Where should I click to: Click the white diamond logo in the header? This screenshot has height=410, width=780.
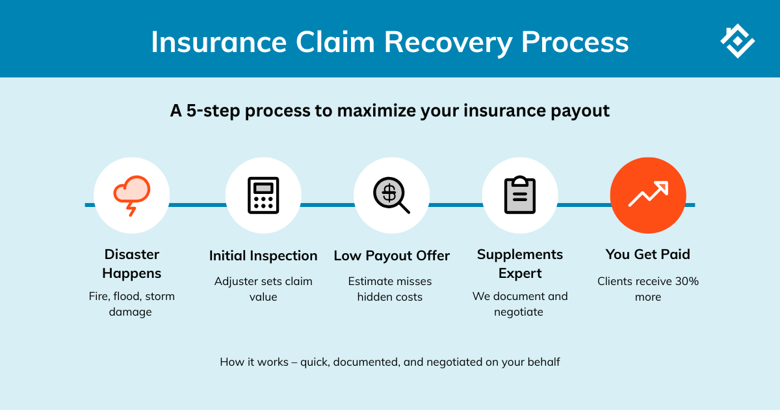(737, 41)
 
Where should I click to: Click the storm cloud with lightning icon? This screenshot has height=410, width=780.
(132, 195)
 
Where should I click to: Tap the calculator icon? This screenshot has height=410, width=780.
(263, 195)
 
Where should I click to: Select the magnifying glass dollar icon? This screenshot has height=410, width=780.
(391, 195)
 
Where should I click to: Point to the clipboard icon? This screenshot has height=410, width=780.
(520, 195)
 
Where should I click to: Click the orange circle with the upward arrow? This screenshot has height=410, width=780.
(648, 195)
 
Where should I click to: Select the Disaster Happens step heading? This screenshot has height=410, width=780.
(132, 264)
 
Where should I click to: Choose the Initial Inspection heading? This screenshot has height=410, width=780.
(263, 256)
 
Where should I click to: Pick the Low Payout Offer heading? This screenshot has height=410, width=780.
(391, 256)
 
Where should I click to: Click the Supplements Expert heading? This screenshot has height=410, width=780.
(520, 264)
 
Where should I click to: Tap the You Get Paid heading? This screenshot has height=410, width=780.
(648, 254)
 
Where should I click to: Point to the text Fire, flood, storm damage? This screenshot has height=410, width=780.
(132, 304)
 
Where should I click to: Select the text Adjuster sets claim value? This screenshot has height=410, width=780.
(263, 289)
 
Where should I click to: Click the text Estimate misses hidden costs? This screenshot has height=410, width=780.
(390, 289)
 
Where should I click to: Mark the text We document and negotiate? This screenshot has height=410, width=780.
(520, 304)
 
